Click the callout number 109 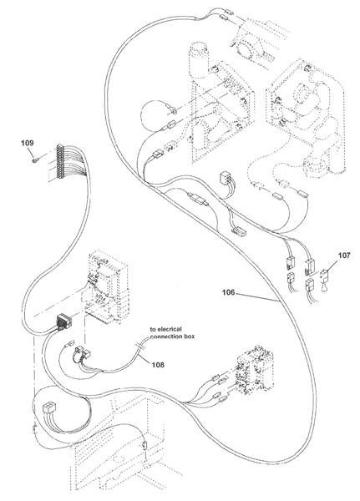[28, 143]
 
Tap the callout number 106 [228, 292]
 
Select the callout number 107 [343, 255]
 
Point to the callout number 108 [158, 365]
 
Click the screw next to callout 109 [36, 159]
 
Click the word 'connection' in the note [165, 337]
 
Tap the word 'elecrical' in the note [170, 329]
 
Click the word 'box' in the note [188, 337]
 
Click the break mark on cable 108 [140, 347]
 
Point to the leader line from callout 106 [256, 296]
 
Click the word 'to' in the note [153, 329]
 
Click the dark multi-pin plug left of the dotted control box [63, 321]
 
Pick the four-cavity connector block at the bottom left [49, 407]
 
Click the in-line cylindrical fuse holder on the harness [198, 200]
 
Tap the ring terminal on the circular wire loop [173, 110]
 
